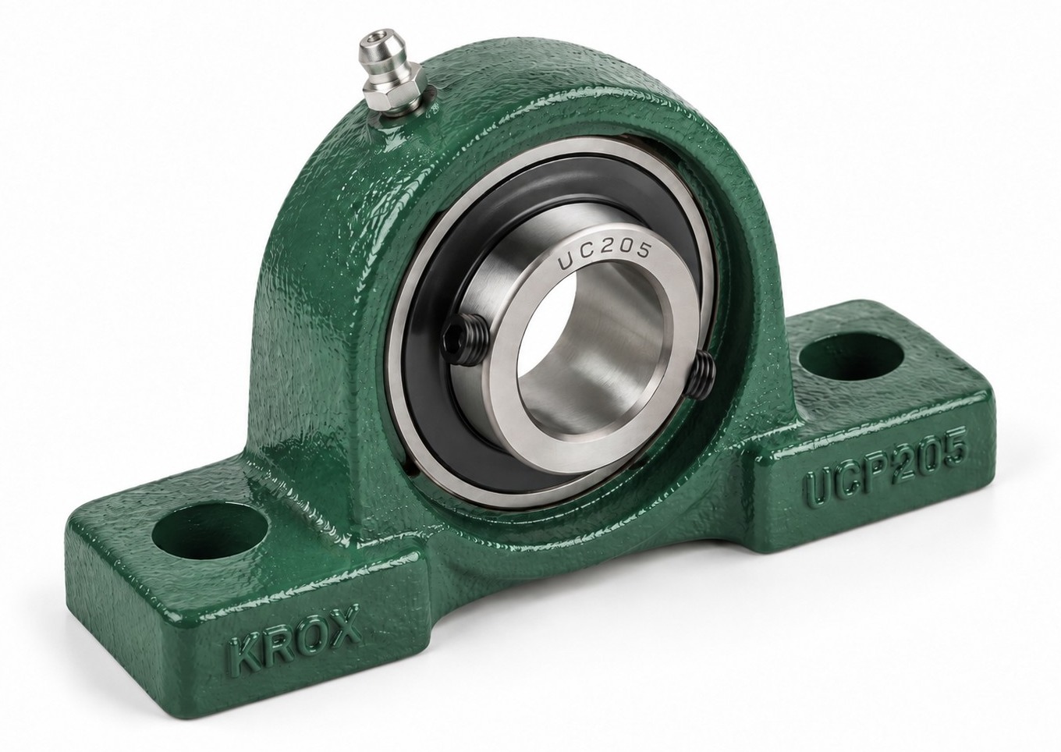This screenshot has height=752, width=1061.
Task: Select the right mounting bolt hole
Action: point(850,356)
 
